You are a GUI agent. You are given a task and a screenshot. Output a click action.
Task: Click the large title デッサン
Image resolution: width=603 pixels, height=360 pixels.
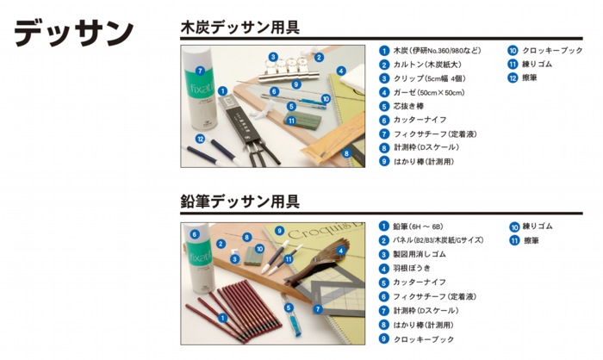coord(74,33)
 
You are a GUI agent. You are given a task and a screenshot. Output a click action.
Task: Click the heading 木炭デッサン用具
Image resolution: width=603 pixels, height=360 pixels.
coord(240,28)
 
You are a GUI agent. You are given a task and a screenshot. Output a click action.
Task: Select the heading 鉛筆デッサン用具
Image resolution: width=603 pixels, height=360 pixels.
coord(240,202)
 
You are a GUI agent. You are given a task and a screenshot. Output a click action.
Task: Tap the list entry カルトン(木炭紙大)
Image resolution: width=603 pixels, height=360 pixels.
coord(427,65)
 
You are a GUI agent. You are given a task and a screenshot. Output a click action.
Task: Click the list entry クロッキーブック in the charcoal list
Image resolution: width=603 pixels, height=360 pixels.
coord(552,51)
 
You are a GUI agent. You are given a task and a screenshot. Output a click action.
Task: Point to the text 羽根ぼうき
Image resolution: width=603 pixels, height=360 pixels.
coord(412,268)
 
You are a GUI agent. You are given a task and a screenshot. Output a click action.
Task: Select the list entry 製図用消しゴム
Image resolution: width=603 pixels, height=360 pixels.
coord(420,254)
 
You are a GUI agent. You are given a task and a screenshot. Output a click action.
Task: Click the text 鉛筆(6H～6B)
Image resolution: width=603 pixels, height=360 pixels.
coord(418,227)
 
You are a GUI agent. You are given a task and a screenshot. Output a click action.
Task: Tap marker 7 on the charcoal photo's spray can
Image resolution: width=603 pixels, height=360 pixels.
coord(200,71)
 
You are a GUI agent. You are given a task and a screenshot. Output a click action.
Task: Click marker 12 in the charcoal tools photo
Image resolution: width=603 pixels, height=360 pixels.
coord(200,139)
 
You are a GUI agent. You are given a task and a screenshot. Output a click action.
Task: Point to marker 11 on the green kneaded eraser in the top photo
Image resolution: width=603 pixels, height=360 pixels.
coord(291,121)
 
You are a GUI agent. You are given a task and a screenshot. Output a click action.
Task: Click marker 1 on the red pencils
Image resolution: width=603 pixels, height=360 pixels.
coord(222,318)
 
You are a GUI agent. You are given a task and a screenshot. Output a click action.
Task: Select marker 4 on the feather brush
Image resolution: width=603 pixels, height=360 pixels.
coord(341,251)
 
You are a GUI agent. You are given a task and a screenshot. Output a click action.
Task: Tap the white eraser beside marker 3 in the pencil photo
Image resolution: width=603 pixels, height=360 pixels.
coord(235,252)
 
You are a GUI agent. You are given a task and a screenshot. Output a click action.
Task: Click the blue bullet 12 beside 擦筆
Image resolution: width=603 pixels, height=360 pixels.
coord(513,78)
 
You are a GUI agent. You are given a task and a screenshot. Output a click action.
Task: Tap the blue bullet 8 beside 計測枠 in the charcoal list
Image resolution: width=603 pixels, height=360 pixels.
coord(384,147)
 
